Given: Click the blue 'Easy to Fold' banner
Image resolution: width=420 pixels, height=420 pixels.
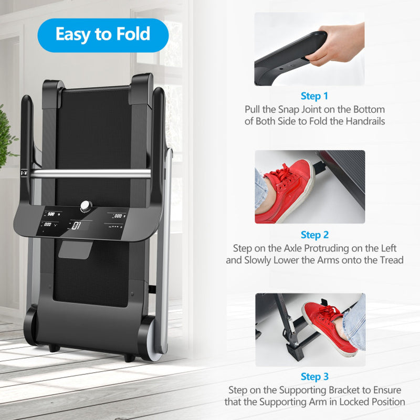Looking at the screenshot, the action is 103,35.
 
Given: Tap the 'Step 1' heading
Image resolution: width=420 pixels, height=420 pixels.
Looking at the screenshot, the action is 314,96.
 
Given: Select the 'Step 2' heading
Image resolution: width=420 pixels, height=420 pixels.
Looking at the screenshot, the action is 314,235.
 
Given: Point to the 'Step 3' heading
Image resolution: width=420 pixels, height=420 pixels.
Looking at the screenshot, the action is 314,376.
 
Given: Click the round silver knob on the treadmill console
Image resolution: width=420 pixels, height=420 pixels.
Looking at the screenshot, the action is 86,206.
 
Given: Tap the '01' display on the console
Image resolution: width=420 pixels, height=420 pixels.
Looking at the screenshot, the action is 76,226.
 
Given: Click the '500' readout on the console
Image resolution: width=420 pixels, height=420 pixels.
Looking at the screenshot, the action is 51,214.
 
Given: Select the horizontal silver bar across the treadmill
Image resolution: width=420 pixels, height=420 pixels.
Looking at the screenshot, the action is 90,174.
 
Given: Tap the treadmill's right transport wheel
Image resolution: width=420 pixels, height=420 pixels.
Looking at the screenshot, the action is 151,338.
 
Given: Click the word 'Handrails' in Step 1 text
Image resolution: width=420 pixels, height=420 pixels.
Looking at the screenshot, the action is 365,121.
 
